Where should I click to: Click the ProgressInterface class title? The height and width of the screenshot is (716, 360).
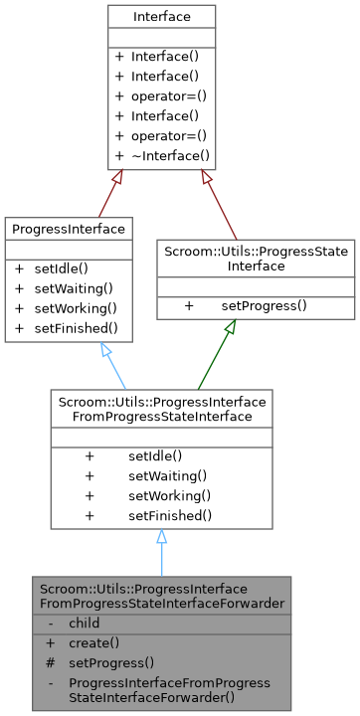pyautogui.click(x=69, y=229)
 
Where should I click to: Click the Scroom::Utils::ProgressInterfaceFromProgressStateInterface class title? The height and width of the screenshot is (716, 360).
pyautogui.click(x=160, y=409)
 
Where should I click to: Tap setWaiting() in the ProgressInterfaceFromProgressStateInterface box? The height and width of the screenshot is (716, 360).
pyautogui.click(x=167, y=475)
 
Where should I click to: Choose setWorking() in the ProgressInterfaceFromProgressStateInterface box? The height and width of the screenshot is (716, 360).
pyautogui.click(x=167, y=495)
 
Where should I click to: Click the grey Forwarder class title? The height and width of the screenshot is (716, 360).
pyautogui.click(x=161, y=595)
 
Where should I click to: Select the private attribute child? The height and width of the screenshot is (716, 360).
pyautogui.click(x=84, y=623)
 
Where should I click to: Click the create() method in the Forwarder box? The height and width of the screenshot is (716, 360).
pyautogui.click(x=93, y=642)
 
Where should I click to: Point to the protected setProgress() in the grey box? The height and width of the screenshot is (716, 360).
pyautogui.click(x=111, y=661)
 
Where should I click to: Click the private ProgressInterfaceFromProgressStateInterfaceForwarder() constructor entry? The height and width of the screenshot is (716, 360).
pyautogui.click(x=169, y=690)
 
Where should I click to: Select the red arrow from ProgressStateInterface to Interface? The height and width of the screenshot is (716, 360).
pyautogui.click(x=226, y=204)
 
